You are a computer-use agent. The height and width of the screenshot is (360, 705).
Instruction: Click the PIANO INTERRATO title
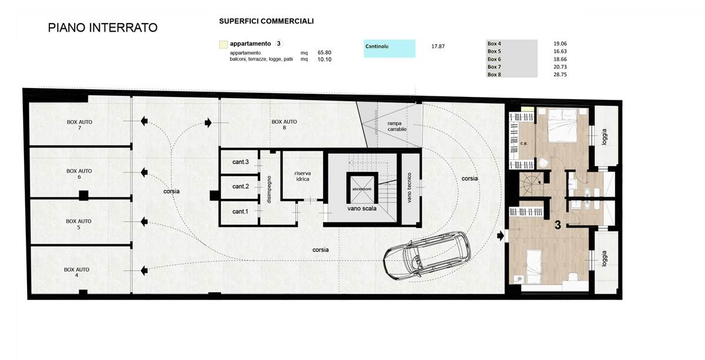pyautogui.click(x=103, y=28)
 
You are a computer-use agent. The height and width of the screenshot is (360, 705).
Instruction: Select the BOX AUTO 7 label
pyautogui.click(x=79, y=125)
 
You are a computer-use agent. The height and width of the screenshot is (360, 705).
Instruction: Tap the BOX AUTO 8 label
pyautogui.click(x=284, y=125)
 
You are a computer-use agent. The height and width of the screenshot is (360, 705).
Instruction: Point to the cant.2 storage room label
pyautogui.click(x=240, y=187)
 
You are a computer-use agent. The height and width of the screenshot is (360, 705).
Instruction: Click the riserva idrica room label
pyautogui.click(x=303, y=176)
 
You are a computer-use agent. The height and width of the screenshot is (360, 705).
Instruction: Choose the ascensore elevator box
pyautogui.click(x=362, y=188)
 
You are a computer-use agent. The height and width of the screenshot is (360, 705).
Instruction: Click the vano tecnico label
pyautogui.click(x=409, y=187)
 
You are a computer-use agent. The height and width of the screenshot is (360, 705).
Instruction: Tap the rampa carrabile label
pyautogui.click(x=397, y=126)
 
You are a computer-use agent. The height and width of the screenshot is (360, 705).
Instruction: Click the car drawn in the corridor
pyautogui.click(x=427, y=256)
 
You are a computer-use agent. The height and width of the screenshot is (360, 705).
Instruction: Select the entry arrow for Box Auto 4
pyautogui.click(x=144, y=270)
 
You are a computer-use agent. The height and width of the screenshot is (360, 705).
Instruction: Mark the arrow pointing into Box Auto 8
pyautogui.click(x=208, y=122)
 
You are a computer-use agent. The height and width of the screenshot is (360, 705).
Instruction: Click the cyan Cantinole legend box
pyautogui.click(x=390, y=49)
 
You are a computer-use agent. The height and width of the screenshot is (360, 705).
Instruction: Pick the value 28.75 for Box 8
pyautogui.click(x=560, y=75)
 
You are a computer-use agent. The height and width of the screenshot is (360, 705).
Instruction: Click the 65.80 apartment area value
pyautogui.click(x=324, y=52)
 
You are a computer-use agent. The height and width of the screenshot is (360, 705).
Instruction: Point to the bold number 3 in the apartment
pyautogui.click(x=558, y=225)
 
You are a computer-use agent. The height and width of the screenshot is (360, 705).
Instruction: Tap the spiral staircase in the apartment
pyautogui.click(x=531, y=184)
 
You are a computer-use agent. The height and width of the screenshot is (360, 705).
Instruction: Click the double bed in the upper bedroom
pyautogui.click(x=563, y=125)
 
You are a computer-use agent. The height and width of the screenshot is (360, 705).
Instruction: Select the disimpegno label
pyautogui.click(x=269, y=189)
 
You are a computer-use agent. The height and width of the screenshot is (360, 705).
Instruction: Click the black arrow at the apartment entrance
pyautogui.click(x=501, y=236)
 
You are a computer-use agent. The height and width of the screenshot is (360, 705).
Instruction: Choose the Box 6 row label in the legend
pyautogui.click(x=494, y=59)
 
